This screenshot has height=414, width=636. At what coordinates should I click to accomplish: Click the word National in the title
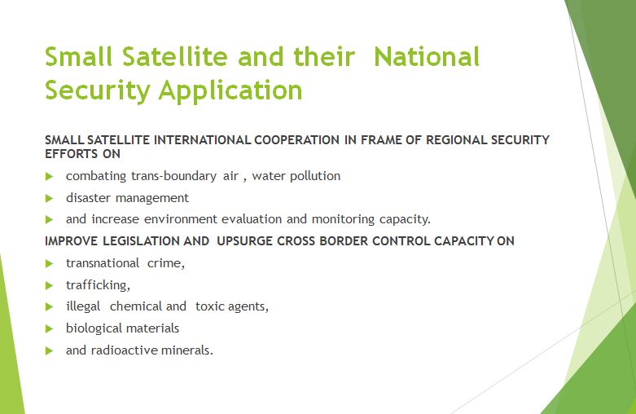tap(427, 56)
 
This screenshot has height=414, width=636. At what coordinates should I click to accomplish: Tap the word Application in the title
tap(230, 91)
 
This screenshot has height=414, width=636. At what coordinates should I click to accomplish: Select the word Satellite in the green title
tap(175, 56)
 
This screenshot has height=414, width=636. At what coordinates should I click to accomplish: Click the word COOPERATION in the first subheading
tap(297, 140)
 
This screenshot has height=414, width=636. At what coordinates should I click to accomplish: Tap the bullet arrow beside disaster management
tap(50, 199)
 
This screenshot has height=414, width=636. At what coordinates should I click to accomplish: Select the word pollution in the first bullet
tap(316, 176)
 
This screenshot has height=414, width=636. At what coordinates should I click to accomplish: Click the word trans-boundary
tap(174, 176)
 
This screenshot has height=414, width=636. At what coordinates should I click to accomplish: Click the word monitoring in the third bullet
tap(343, 219)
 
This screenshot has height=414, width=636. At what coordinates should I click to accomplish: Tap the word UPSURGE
tap(245, 241)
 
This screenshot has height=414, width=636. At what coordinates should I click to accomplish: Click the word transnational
tap(103, 263)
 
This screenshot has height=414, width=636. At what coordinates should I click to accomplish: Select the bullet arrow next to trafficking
tap(50, 286)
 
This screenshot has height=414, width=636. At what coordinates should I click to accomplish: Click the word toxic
tap(210, 306)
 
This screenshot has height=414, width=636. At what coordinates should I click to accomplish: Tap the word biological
tap(93, 328)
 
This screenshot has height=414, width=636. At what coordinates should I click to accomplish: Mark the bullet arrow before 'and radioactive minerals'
tap(50, 351)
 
